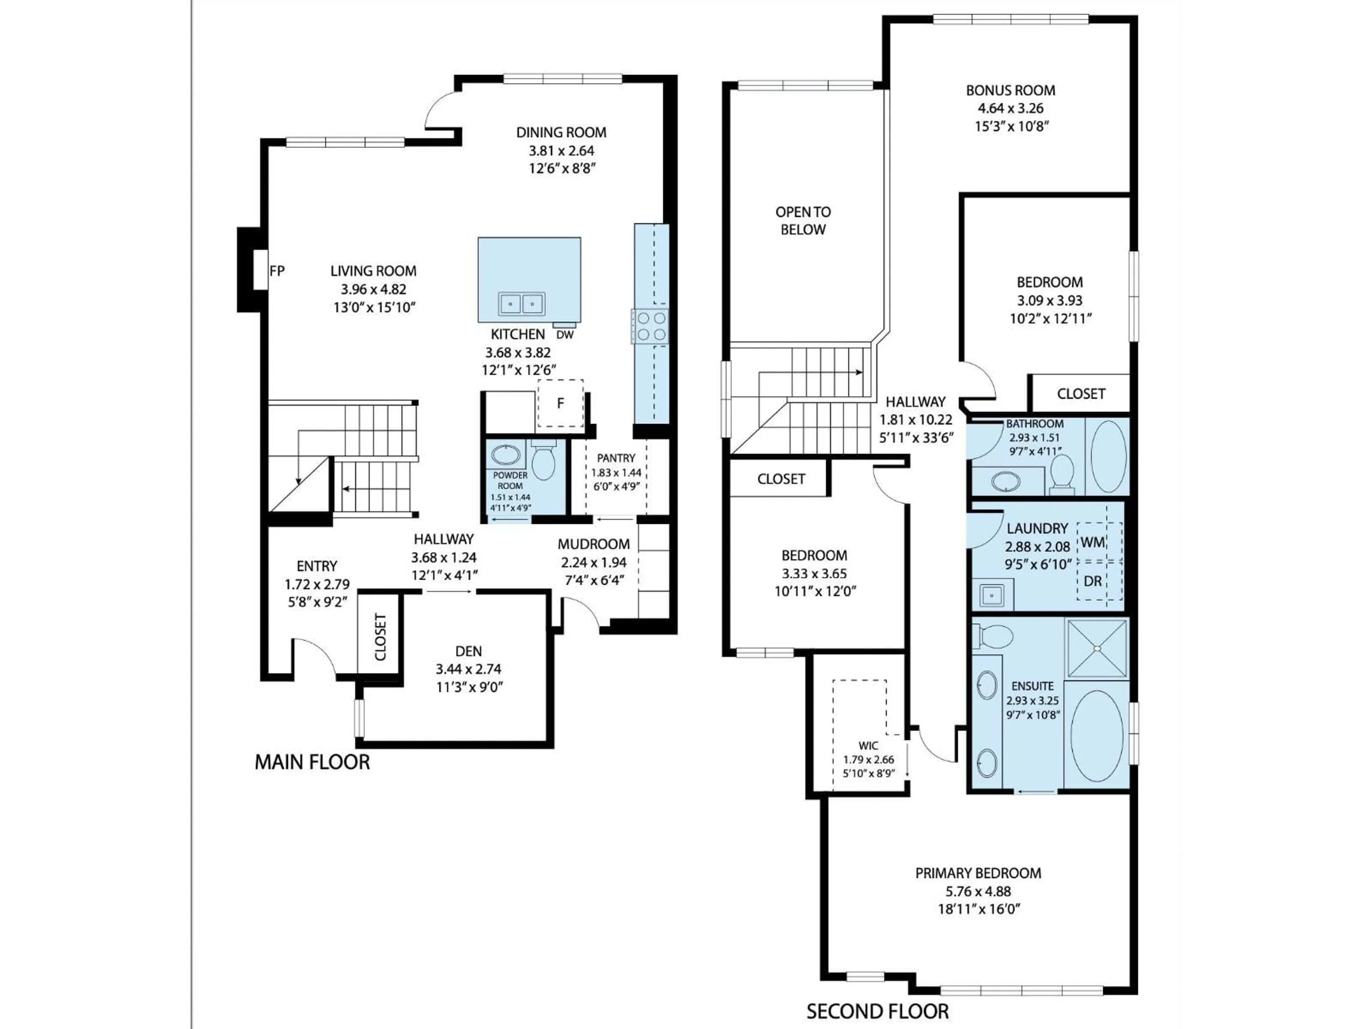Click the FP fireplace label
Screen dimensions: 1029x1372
point(277,271)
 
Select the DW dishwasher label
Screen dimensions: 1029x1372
point(565,335)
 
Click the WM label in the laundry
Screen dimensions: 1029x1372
point(1093,543)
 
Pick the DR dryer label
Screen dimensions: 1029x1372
point(1093,581)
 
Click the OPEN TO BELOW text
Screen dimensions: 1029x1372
point(803,221)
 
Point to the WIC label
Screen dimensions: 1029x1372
point(868,746)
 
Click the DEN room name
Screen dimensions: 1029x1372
point(468,651)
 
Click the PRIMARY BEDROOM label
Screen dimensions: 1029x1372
point(978,873)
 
